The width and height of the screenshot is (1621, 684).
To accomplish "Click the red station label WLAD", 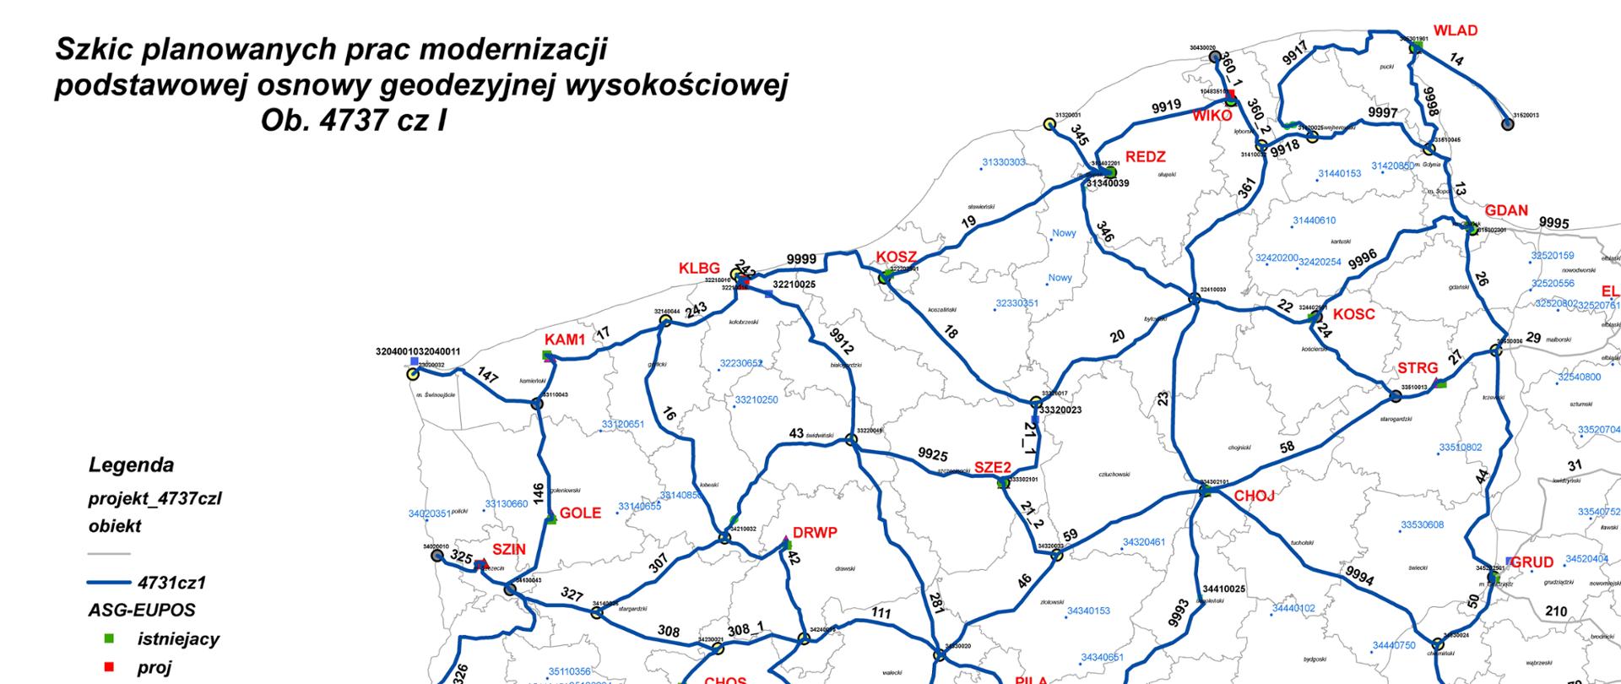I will (1456, 30).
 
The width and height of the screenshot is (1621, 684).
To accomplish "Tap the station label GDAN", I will (1506, 211).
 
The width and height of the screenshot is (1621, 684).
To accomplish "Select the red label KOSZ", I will (896, 257).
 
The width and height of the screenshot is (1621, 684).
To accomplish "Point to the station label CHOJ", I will (1254, 496).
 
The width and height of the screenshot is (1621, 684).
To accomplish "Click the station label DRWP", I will (814, 533).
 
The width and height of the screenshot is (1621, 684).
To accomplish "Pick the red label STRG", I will (1417, 368).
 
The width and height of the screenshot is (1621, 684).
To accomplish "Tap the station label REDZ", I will (1145, 157).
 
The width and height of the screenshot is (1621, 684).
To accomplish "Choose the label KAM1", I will (565, 339).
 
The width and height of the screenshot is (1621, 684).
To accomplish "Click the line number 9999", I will (801, 259).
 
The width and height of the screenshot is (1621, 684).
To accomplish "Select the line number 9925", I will (933, 455).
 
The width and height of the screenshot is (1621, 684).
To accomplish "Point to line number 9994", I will (1359, 575).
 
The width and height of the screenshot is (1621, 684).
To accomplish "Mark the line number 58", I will (1287, 448).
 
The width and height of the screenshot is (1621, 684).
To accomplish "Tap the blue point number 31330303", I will (1003, 162).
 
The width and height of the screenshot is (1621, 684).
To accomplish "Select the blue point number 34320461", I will (1143, 542).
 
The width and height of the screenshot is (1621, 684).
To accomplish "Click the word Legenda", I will (131, 465).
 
